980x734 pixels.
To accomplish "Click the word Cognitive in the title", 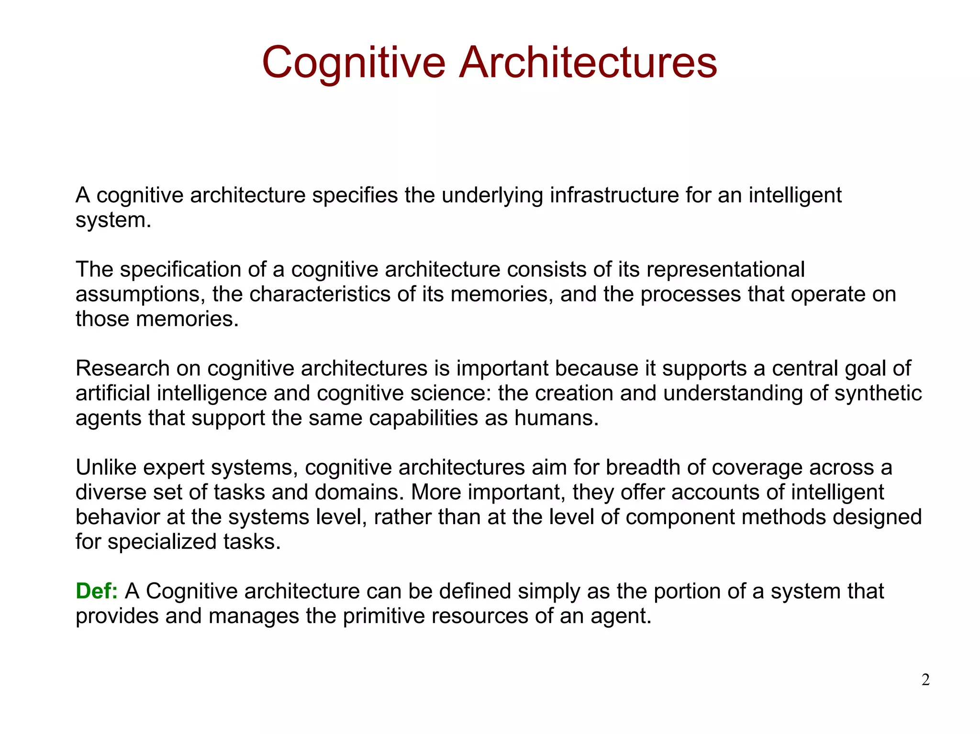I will [354, 62].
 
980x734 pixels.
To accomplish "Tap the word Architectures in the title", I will [588, 62].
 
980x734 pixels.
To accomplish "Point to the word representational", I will [725, 269].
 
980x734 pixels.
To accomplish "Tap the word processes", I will [690, 295].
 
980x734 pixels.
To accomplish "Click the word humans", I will [556, 418].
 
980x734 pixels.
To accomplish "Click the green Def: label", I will [97, 591].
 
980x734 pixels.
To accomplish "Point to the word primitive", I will [384, 616].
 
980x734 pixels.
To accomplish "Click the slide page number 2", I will [925, 679].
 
